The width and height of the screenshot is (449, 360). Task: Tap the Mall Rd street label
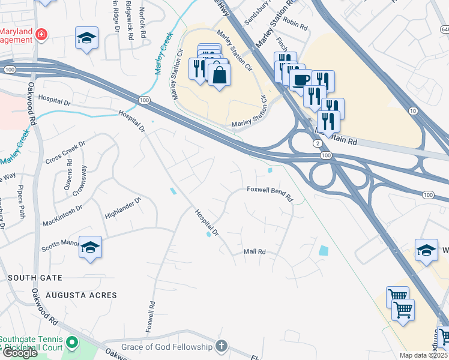255,252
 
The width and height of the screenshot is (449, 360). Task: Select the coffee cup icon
300,79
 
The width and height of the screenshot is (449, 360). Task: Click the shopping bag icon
219,74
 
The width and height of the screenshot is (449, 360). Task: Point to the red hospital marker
41,34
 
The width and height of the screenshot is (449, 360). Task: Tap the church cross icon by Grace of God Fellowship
221,346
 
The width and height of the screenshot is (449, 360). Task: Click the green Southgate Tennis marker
72,343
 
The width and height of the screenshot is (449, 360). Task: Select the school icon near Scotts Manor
90,247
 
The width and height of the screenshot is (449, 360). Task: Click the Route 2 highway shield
316,142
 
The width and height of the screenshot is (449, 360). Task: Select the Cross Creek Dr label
65,152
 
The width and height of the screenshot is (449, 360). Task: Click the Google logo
19,353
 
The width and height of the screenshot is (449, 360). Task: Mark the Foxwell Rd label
151,317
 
